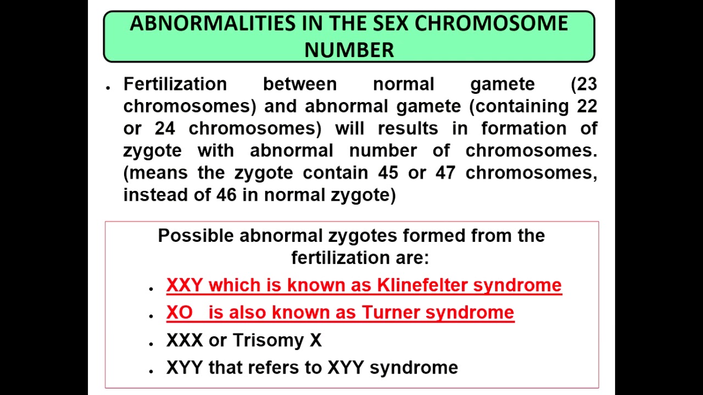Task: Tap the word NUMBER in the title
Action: coord(349,50)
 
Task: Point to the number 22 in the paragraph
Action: coord(587,106)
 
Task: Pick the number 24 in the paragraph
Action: coord(165,128)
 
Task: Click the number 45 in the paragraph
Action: coord(388,173)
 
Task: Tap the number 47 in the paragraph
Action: coord(445,173)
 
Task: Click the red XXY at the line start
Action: coord(185,285)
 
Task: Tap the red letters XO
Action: coord(180,312)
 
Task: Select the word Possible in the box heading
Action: coord(196,235)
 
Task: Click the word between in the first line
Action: coord(299,84)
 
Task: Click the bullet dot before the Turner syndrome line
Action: coord(150,316)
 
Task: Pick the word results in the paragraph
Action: coord(408,128)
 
